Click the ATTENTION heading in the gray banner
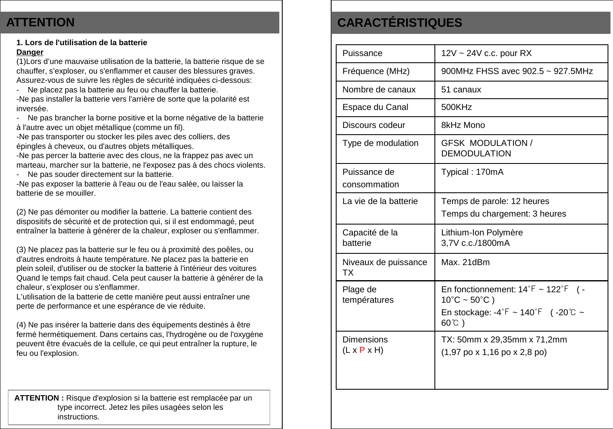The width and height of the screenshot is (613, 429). click(x=41, y=22)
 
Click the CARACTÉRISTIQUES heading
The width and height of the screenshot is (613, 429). click(x=399, y=23)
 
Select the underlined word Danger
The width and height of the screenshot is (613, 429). click(x=30, y=52)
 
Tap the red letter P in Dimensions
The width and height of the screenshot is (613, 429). click(x=362, y=350)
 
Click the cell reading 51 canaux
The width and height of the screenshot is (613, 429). click(x=461, y=89)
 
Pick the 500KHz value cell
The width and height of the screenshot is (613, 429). click(x=456, y=107)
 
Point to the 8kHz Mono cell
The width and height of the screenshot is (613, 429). click(x=463, y=125)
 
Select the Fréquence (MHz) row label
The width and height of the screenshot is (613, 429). click(x=376, y=71)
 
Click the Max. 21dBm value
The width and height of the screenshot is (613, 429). click(x=465, y=262)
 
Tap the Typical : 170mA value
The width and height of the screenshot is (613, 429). click(x=472, y=172)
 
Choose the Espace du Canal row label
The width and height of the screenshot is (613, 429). click(x=375, y=107)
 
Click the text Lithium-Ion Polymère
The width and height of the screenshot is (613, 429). click(x=482, y=232)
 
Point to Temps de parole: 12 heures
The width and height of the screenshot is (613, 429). click(x=495, y=201)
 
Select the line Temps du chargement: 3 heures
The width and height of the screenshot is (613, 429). click(x=503, y=214)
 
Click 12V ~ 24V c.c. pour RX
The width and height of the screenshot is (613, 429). click(x=486, y=53)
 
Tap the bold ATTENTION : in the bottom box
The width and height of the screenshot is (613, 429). click(x=39, y=398)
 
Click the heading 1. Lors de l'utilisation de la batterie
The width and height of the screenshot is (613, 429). click(x=82, y=43)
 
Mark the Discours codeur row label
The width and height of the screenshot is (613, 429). click(x=373, y=125)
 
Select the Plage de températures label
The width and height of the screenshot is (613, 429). click(x=368, y=294)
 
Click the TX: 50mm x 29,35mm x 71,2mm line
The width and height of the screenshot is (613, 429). click(x=504, y=340)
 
